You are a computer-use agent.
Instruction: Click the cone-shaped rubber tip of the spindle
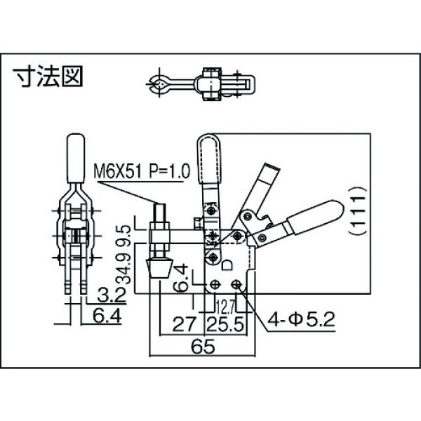pyautogui.click(x=159, y=268)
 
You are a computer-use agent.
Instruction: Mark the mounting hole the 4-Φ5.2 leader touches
pyautogui.click(x=241, y=285)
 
